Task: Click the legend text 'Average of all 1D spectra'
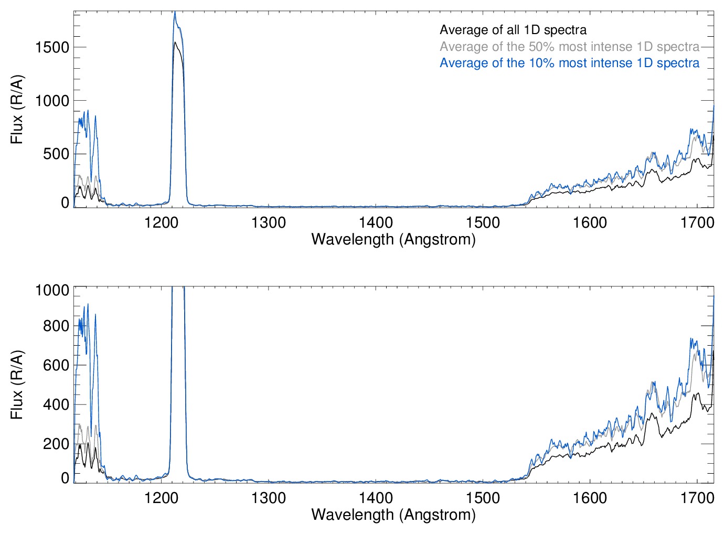pos(513,30)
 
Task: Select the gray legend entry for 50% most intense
pos(569,47)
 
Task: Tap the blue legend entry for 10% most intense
pos(569,63)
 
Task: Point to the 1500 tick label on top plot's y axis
pos(52,47)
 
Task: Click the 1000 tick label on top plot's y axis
pos(52,101)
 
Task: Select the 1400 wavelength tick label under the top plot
pos(376,222)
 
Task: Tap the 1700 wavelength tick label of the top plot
pos(697,222)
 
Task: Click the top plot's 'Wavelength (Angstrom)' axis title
pos(393,240)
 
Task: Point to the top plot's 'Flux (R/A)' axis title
pos(17,109)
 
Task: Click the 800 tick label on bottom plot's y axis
pos(56,326)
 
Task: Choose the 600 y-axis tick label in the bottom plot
pos(56,365)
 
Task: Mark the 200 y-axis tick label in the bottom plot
pos(56,444)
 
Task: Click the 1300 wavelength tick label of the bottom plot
pos(269,497)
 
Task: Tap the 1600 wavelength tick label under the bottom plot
pos(590,497)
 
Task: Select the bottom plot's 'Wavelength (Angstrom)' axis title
pos(393,515)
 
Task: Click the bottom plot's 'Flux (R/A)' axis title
pos(17,385)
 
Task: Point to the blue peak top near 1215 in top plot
pos(175,12)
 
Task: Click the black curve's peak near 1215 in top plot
pos(175,42)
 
